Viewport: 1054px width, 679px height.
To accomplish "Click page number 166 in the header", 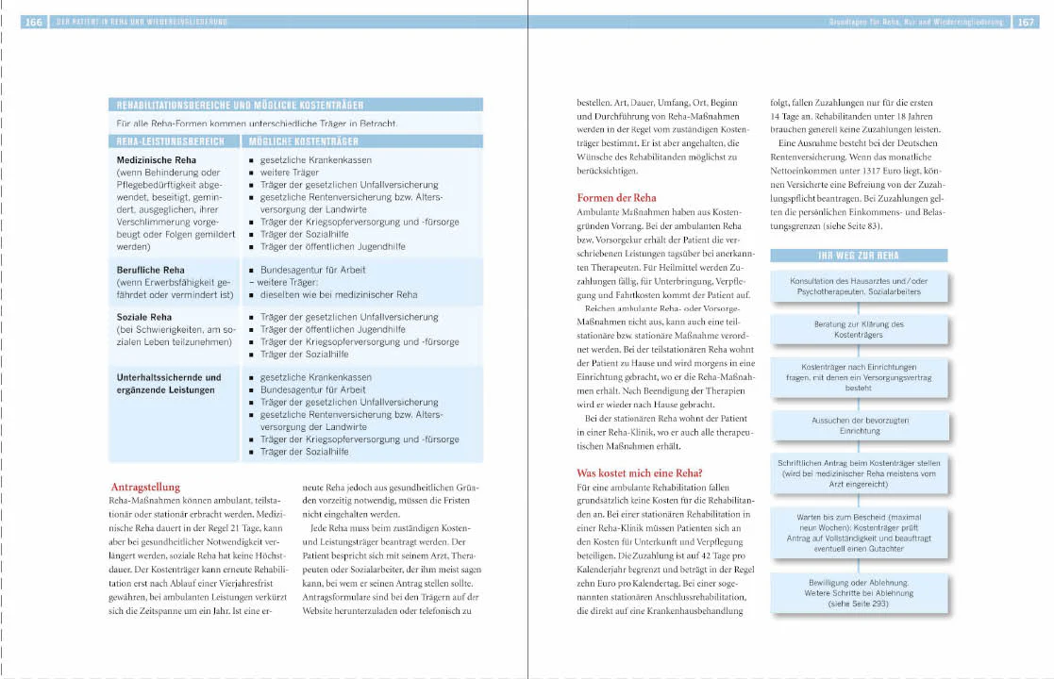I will pyautogui.click(x=33, y=22).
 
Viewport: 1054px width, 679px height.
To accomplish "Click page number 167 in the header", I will pyautogui.click(x=1025, y=22).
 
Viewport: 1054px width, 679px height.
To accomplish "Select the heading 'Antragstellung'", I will pyautogui.click(x=146, y=487).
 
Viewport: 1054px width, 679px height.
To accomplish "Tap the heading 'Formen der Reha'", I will pyautogui.click(x=616, y=198).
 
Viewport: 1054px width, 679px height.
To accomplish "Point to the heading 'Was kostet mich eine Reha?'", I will pyautogui.click(x=640, y=472).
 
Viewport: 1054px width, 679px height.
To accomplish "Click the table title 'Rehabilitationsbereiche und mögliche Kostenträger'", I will pyautogui.click(x=239, y=106).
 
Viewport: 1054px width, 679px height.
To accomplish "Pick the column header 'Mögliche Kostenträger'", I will pyautogui.click(x=303, y=141).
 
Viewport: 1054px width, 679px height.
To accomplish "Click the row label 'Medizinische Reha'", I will pyautogui.click(x=157, y=160).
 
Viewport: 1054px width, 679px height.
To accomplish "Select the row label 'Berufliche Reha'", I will pyautogui.click(x=150, y=270).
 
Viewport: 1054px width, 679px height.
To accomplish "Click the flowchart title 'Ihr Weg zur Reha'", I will pyautogui.click(x=858, y=256).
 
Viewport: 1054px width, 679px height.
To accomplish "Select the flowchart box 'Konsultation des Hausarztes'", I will pyautogui.click(x=858, y=287).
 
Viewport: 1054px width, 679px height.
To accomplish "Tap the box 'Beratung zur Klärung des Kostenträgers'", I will pyautogui.click(x=858, y=329).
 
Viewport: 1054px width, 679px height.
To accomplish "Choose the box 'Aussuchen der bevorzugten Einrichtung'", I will pyautogui.click(x=858, y=425).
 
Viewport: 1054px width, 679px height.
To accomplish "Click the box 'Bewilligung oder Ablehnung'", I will pyautogui.click(x=858, y=592).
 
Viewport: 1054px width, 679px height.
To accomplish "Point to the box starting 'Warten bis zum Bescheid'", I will pyautogui.click(x=858, y=532).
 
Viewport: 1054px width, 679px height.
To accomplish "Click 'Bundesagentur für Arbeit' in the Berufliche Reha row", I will pyautogui.click(x=313, y=270).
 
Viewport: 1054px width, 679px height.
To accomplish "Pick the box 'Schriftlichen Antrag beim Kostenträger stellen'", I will pyautogui.click(x=858, y=473).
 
